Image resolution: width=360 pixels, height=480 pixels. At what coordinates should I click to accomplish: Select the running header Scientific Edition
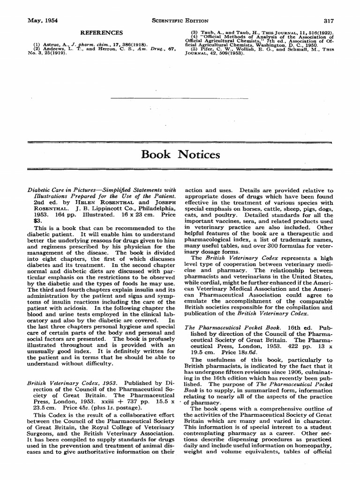[180, 21]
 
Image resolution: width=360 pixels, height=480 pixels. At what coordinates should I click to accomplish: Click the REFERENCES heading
[102, 33]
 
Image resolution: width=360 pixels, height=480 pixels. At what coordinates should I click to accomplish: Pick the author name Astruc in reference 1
[50, 45]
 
